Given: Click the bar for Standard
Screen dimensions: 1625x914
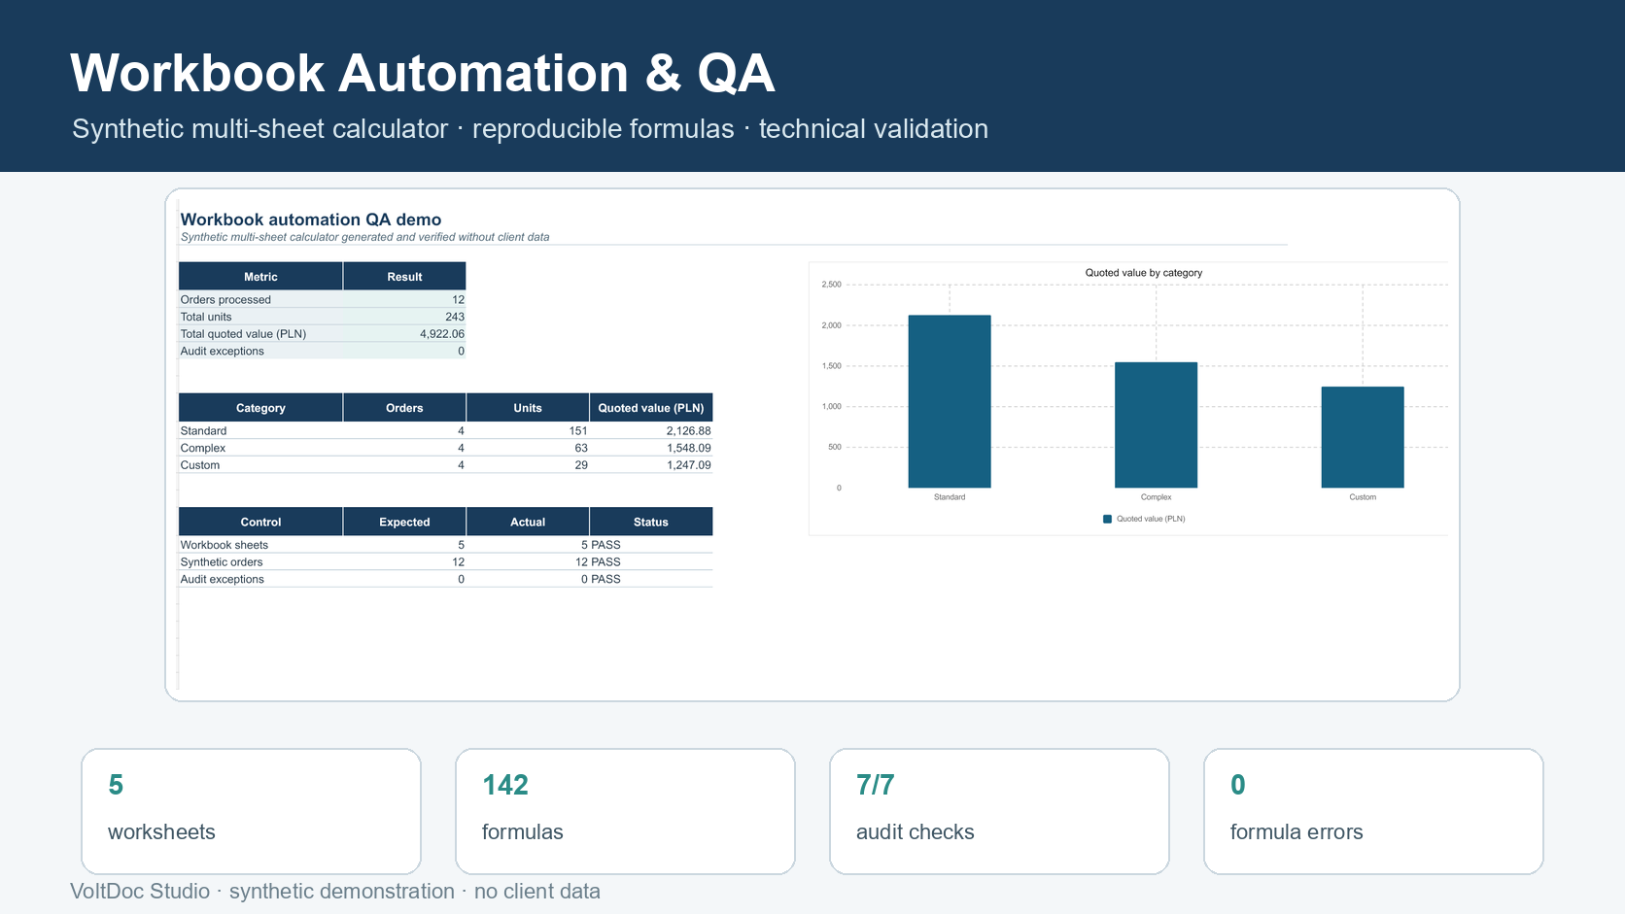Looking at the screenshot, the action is [x=949, y=401].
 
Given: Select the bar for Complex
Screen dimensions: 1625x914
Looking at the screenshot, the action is [x=1156, y=424].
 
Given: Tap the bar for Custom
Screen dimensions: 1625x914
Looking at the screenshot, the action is [x=1363, y=437].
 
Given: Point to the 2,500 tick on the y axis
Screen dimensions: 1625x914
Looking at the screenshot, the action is [x=831, y=285].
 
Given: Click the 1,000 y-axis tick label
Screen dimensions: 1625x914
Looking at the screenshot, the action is [x=831, y=406].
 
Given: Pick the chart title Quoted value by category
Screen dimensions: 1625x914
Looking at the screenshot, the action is [x=1143, y=273].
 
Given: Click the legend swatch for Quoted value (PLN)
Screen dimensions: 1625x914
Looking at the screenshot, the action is [x=1107, y=519].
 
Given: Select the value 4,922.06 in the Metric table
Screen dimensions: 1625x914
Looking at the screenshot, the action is [x=442, y=333].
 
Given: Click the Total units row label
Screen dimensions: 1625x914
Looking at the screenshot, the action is [x=206, y=316].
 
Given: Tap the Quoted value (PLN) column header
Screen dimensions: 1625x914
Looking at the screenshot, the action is [x=651, y=407].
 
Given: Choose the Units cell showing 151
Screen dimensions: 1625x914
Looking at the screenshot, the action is [x=578, y=430].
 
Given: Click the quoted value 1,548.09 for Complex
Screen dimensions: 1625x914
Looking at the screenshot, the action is [x=688, y=448].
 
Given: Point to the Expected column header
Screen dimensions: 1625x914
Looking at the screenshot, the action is [x=404, y=522].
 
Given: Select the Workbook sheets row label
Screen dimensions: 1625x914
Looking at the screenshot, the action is [x=225, y=544].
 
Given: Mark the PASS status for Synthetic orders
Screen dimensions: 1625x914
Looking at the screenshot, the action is [x=605, y=561].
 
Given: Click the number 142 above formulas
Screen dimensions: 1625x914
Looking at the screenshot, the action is [x=505, y=784].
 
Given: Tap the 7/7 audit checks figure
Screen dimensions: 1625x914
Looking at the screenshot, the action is [x=875, y=784].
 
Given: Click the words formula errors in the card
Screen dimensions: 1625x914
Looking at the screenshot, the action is [x=1297, y=831].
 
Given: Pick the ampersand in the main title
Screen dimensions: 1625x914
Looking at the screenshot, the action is [x=662, y=73].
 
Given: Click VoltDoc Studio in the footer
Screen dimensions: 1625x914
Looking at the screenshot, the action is [x=139, y=891].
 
